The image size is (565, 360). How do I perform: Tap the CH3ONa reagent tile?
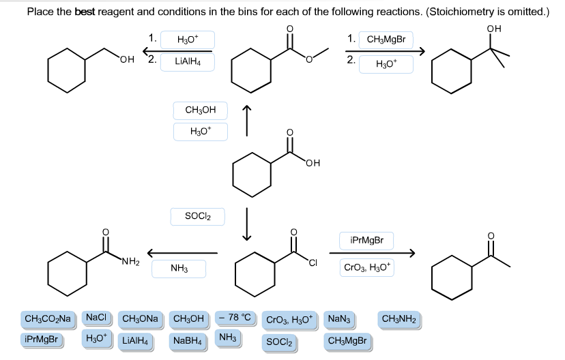pos(141,319)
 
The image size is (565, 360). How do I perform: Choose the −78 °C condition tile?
pos(237,318)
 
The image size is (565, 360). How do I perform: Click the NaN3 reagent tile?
pos(338,319)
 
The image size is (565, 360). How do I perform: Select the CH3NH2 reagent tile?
pos(400,319)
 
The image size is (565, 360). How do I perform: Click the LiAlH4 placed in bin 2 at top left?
pos(186,62)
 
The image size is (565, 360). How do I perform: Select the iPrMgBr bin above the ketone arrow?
pos(366,240)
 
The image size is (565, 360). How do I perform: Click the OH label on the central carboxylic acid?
pos(313,161)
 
